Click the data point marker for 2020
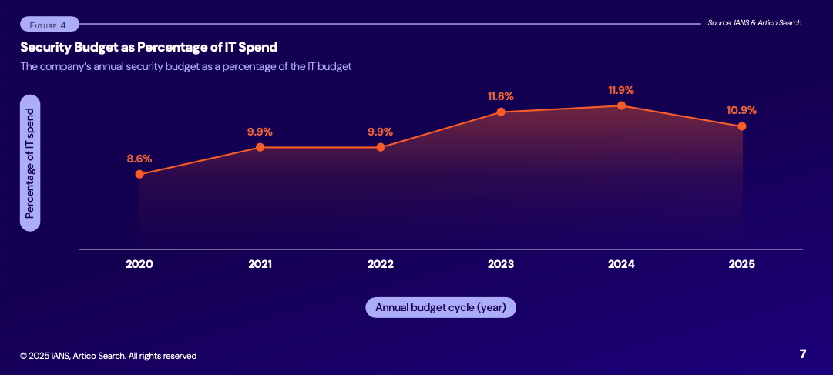139,174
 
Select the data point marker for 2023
501,112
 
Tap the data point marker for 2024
621,105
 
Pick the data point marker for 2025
742,126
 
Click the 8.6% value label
139,159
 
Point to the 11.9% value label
621,89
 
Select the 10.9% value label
741,110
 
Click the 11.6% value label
500,96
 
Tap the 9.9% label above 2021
260,132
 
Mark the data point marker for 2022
381,147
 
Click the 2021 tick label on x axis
260,264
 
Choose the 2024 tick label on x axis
621,264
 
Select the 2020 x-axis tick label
139,264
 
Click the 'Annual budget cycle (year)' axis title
440,307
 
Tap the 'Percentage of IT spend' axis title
30,163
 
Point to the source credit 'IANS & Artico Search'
754,23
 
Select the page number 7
803,354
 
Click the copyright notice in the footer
109,356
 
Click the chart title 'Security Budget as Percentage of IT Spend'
149,48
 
